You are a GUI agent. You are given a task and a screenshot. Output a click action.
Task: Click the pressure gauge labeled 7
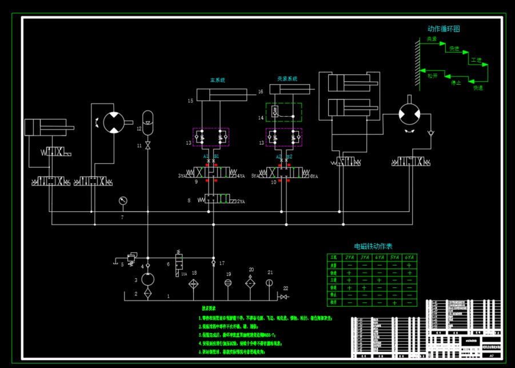[x=122, y=201]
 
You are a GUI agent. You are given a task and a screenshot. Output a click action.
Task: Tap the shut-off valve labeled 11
[x=148, y=147]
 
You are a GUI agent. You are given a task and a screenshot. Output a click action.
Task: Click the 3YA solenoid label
[x=182, y=176]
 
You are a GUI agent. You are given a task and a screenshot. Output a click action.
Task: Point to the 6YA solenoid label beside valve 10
[x=313, y=176]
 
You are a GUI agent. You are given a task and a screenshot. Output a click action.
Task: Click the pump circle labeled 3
[x=148, y=280]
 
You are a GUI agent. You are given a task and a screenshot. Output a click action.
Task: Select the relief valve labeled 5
[x=131, y=259]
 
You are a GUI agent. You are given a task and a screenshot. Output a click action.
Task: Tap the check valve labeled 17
[x=214, y=263]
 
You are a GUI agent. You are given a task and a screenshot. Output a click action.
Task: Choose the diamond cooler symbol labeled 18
[x=194, y=283]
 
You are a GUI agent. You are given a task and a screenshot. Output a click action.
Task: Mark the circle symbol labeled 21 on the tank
[x=270, y=283]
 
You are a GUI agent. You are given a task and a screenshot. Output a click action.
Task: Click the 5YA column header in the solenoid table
[x=394, y=258]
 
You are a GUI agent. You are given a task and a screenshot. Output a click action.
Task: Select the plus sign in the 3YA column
[x=364, y=287]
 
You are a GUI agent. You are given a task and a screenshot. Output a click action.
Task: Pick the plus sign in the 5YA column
[x=394, y=302]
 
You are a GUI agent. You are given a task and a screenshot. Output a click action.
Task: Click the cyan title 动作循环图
[x=444, y=29]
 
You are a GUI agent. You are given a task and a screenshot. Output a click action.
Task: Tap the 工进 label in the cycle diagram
[x=476, y=60]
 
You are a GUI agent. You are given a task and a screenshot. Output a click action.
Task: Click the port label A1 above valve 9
[x=206, y=156]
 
